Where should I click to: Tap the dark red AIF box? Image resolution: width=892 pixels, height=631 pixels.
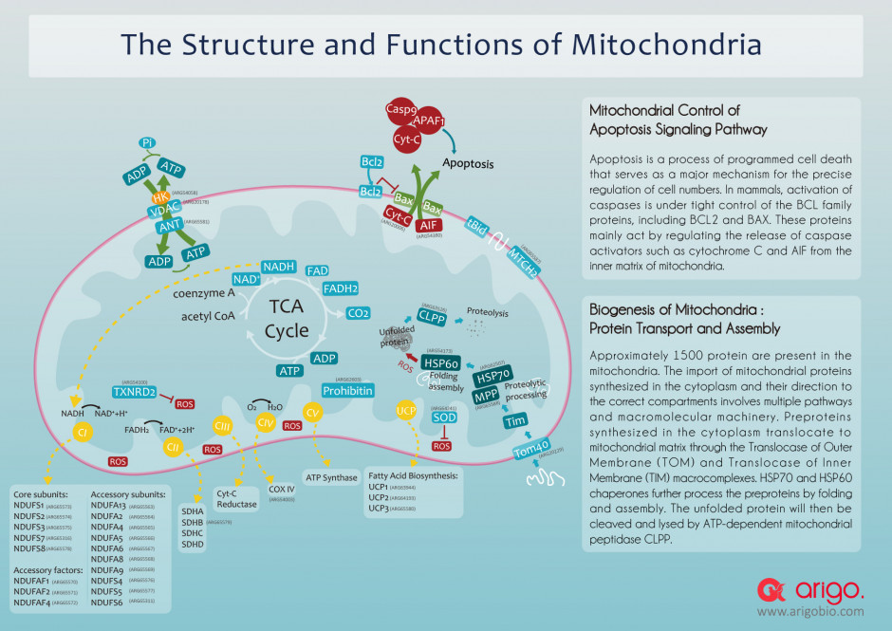click(x=427, y=225)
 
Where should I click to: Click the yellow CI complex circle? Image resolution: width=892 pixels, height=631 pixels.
click(x=82, y=432)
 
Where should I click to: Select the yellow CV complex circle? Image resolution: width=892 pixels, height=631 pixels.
click(x=313, y=413)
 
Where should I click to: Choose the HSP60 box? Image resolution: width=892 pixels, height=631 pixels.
click(x=442, y=363)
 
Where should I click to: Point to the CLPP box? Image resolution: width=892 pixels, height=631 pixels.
click(x=432, y=318)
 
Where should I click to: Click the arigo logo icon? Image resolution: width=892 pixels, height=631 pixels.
click(x=770, y=591)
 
